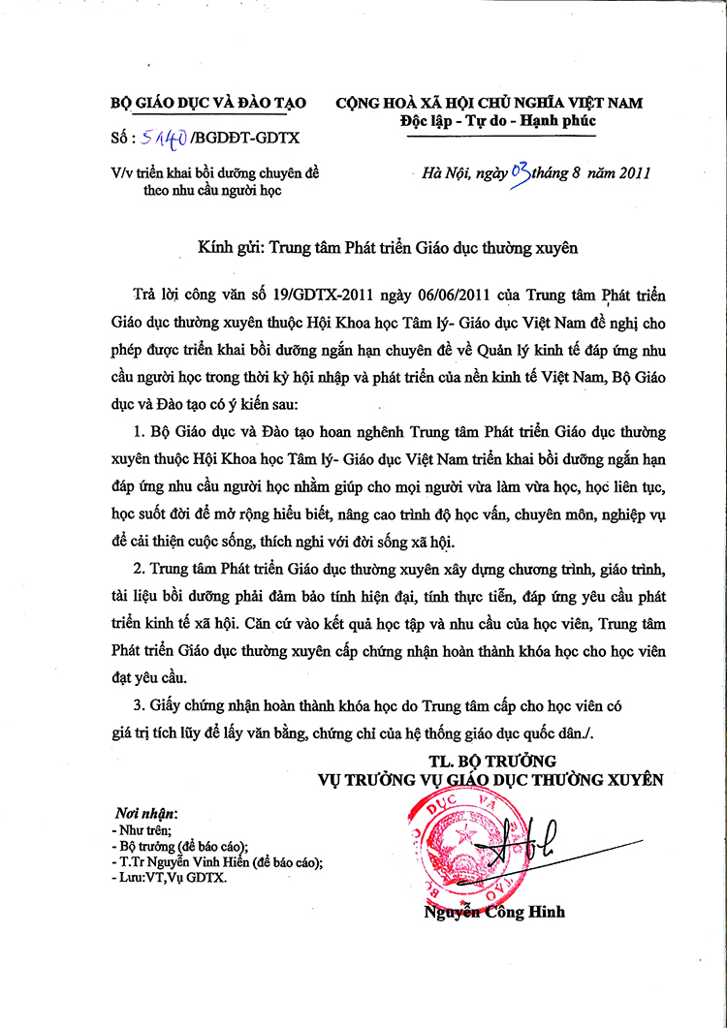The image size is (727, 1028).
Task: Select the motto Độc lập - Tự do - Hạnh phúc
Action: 497,121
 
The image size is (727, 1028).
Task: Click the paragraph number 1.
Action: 140,430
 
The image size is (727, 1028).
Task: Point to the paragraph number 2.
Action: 140,566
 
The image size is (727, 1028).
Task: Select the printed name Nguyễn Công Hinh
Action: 494,912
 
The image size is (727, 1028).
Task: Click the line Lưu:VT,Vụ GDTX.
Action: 169,878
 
